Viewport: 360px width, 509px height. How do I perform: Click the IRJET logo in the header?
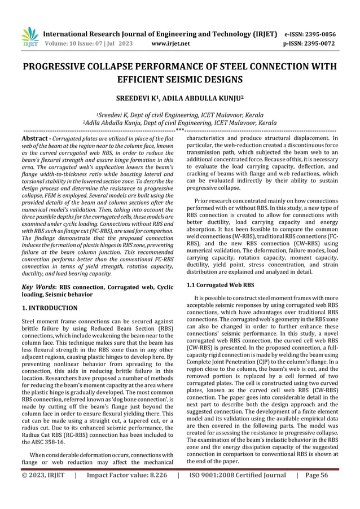28,36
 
